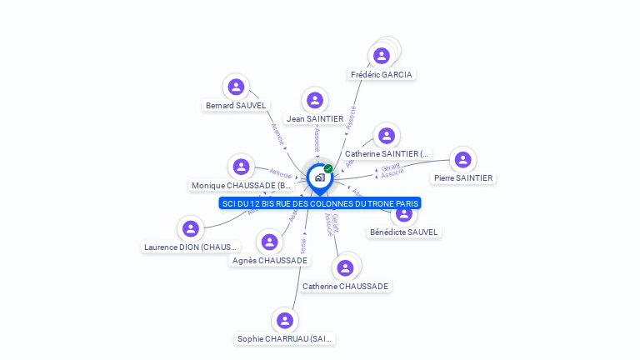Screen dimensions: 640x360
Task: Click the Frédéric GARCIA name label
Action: click(x=382, y=74)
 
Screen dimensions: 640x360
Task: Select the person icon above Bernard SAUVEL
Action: click(x=237, y=87)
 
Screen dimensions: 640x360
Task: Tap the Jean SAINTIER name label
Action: click(x=315, y=118)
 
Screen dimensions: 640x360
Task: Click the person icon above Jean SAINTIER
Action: click(x=315, y=100)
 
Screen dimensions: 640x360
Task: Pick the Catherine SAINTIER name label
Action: click(x=387, y=153)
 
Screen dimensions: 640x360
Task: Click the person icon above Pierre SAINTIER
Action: click(x=462, y=159)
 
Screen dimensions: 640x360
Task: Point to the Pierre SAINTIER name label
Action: click(x=463, y=177)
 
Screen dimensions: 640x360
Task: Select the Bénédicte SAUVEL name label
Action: click(x=404, y=232)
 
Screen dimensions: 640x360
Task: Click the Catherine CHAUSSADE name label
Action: click(x=345, y=286)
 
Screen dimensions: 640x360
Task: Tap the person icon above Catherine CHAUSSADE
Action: click(x=345, y=267)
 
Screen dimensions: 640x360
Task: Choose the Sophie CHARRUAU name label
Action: click(x=285, y=338)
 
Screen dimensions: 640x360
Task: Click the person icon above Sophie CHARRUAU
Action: click(x=285, y=321)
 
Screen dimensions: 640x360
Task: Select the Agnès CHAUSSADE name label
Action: click(x=270, y=260)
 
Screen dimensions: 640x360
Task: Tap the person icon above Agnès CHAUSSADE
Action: click(x=269, y=242)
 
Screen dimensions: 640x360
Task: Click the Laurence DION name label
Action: click(x=191, y=247)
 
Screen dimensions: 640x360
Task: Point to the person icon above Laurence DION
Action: click(x=191, y=228)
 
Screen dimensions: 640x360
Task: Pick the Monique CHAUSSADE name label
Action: click(x=242, y=186)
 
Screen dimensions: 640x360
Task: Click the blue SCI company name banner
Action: click(x=320, y=203)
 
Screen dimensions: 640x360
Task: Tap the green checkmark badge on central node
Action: click(x=328, y=168)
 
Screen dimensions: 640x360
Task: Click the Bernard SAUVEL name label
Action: click(x=237, y=106)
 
